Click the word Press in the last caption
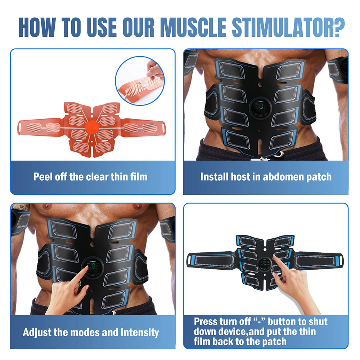(206, 321)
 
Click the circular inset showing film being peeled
(140, 81)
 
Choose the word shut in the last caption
(318, 321)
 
